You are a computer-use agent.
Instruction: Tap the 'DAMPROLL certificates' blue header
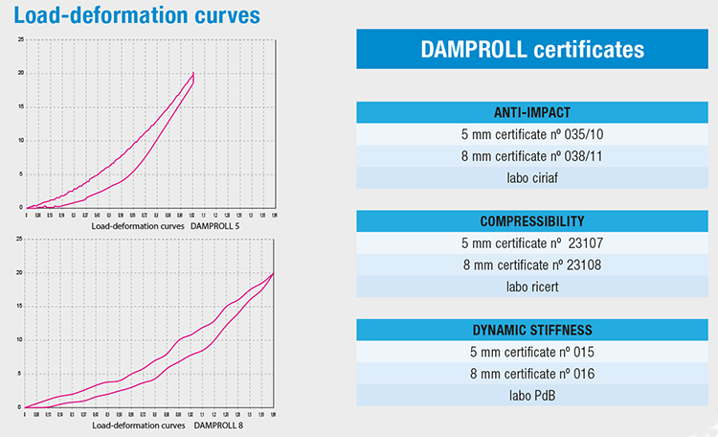532,49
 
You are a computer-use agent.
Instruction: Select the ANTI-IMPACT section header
532,112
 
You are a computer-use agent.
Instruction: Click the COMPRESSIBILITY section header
532,221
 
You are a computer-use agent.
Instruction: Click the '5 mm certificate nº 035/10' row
532,134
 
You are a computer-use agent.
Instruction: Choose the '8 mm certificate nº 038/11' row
532,155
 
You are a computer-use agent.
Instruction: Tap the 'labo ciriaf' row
532,177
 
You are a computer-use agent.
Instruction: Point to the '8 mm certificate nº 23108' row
532,264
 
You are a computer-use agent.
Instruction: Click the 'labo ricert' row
532,287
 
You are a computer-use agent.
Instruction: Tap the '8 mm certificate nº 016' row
532,374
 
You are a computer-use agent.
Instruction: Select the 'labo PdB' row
532,396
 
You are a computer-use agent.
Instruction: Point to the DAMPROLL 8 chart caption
168,423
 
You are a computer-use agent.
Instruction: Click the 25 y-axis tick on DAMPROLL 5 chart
21,39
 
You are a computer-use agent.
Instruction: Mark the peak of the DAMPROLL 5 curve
193,72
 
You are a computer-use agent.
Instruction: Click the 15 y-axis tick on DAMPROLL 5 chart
21,106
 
